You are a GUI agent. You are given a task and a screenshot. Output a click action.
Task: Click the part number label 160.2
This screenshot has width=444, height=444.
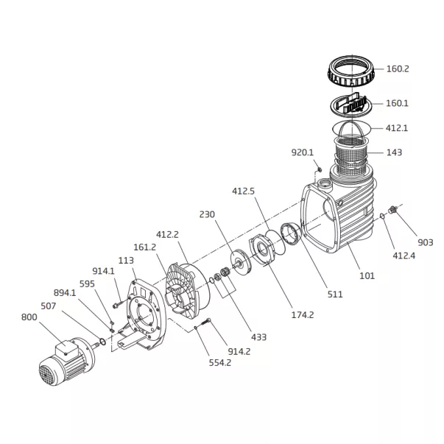click(x=398, y=68)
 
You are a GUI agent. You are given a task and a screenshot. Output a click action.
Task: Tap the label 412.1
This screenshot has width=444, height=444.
click(x=397, y=128)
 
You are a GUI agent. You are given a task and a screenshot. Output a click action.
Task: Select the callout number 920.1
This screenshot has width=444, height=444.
click(x=303, y=152)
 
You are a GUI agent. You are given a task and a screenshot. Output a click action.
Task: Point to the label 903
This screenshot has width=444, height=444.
click(x=426, y=243)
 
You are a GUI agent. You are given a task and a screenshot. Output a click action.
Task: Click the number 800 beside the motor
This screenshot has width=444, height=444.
click(x=29, y=317)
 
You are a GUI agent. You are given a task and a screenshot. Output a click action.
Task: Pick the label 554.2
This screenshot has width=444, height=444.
click(x=220, y=363)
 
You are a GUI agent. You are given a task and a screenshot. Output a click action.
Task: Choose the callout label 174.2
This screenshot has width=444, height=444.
click(x=303, y=315)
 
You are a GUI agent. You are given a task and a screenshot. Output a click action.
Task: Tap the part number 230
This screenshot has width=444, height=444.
click(x=207, y=215)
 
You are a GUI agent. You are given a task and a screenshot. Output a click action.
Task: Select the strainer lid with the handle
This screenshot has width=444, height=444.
click(x=351, y=105)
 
